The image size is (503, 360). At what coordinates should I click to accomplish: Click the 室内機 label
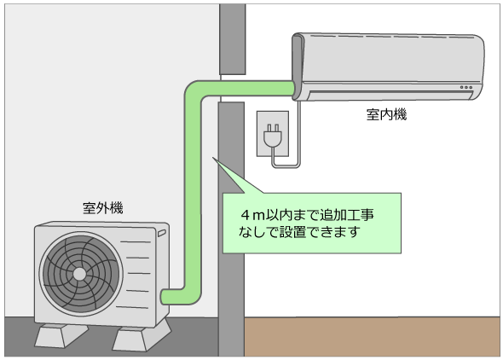pyautogui.click(x=386, y=114)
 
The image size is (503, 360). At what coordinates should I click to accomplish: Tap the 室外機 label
pyautogui.click(x=102, y=207)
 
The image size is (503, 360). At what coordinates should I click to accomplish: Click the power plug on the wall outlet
pyautogui.click(x=274, y=136)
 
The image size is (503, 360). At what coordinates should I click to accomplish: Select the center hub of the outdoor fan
pyautogui.click(x=78, y=274)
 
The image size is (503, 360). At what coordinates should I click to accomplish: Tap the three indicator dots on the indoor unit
pyautogui.click(x=465, y=86)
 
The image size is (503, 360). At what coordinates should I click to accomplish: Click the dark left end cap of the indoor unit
pyautogui.click(x=298, y=63)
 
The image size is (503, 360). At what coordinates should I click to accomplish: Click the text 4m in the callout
pyautogui.click(x=252, y=211)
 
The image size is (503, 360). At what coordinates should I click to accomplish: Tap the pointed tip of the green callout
pyautogui.click(x=214, y=160)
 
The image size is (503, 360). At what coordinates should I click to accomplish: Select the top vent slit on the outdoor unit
pyautogui.click(x=133, y=241)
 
